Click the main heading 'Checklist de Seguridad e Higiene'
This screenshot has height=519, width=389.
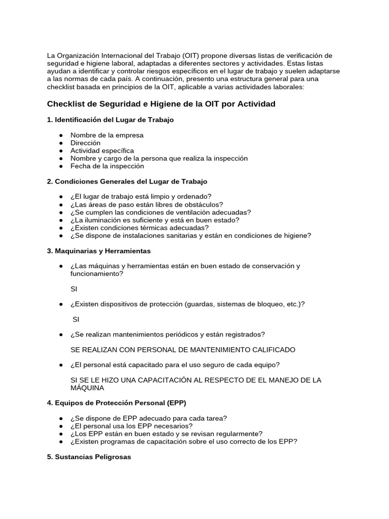(x=161, y=104)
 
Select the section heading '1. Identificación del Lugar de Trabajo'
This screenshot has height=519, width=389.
(x=110, y=120)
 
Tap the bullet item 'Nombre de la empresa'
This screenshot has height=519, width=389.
(x=107, y=135)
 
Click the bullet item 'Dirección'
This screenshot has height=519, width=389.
(x=86, y=143)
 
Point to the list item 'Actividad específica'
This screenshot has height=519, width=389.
(x=102, y=151)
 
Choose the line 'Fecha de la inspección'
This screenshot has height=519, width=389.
(x=107, y=166)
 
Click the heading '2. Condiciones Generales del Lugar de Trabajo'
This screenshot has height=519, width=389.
(x=127, y=181)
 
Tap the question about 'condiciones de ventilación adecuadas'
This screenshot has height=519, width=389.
(x=161, y=212)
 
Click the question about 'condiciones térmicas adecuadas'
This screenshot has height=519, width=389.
(x=139, y=228)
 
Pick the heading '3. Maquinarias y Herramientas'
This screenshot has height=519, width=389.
(x=99, y=251)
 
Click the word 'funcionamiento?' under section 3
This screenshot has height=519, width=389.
(x=97, y=273)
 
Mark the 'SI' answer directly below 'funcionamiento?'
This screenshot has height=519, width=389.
(x=74, y=288)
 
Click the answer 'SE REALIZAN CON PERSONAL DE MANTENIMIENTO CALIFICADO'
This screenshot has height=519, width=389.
(x=183, y=350)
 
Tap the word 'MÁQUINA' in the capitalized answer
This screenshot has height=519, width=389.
(x=87, y=388)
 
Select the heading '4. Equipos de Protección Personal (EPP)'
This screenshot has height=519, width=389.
(x=116, y=403)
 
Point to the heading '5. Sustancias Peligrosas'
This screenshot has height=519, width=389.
(x=89, y=457)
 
